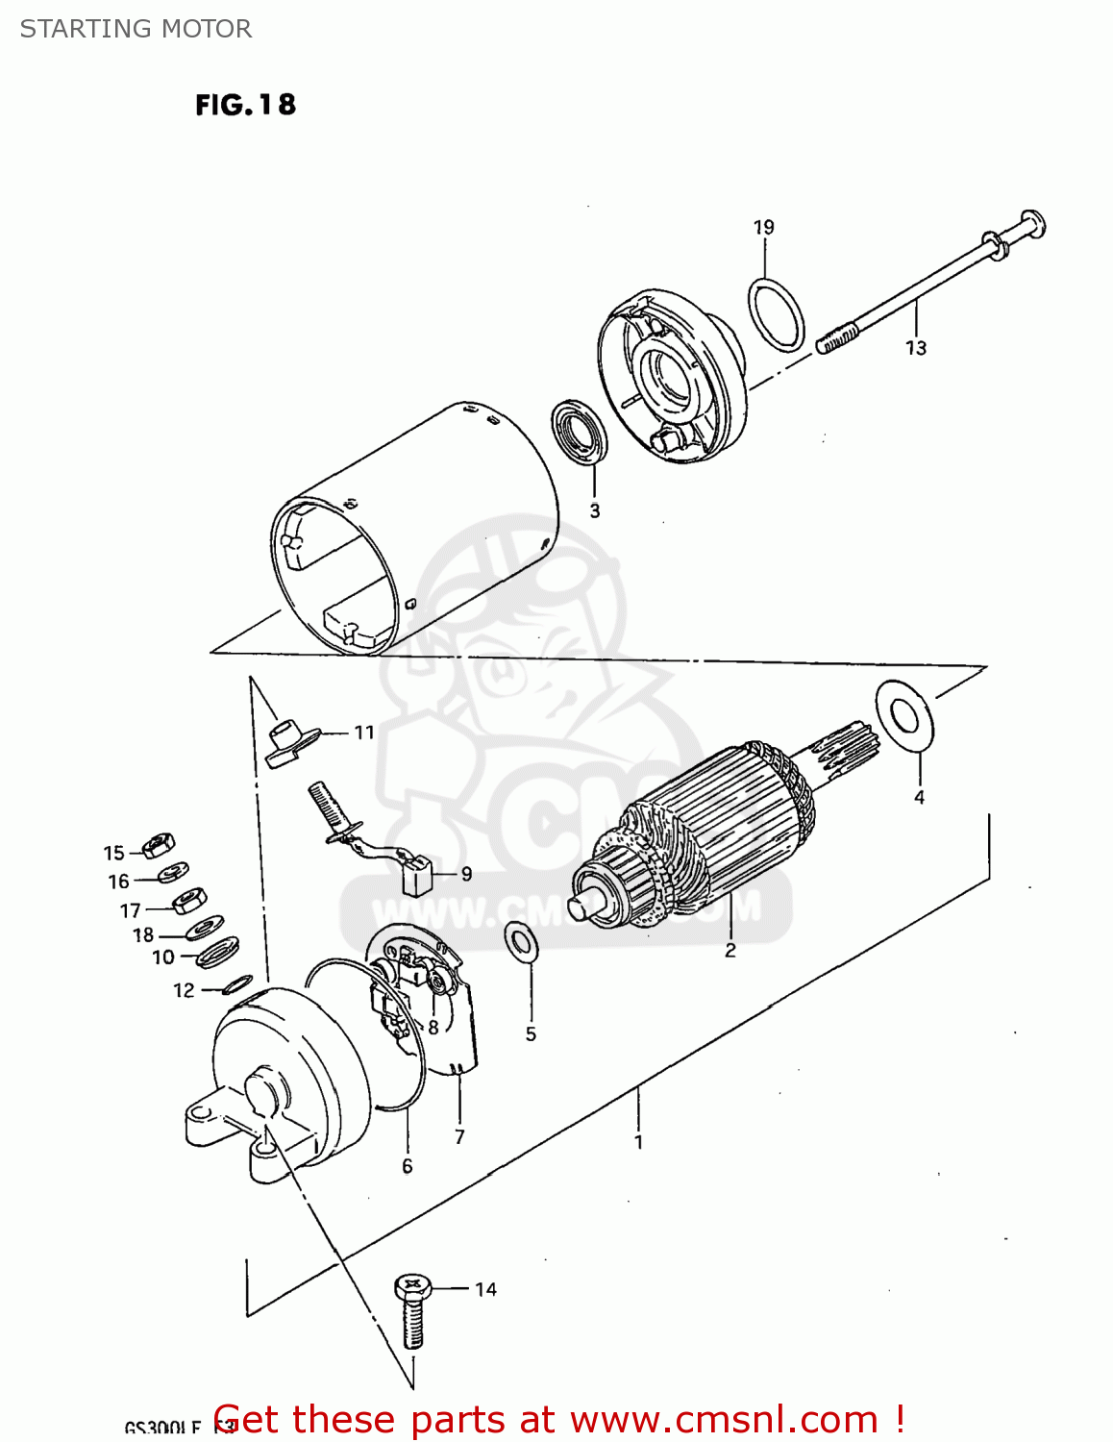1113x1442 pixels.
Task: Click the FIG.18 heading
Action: [x=245, y=104]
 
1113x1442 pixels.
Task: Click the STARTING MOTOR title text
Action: [x=136, y=29]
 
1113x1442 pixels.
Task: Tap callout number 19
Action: [x=763, y=228]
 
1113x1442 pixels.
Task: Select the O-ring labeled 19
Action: [x=776, y=315]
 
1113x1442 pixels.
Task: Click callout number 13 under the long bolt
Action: [x=915, y=348]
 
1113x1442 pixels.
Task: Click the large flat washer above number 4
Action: [x=904, y=715]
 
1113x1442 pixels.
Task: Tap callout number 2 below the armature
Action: [x=730, y=951]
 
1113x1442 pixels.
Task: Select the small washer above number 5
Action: [x=521, y=943]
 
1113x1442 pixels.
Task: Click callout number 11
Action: [x=363, y=733]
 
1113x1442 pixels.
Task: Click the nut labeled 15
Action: [x=158, y=846]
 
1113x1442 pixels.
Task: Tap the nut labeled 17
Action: [x=189, y=901]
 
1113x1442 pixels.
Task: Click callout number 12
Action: [x=184, y=990]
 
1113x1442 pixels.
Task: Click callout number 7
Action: [x=459, y=1137]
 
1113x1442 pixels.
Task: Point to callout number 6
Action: [x=407, y=1166]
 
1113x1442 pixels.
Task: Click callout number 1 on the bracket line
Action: [x=638, y=1143]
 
